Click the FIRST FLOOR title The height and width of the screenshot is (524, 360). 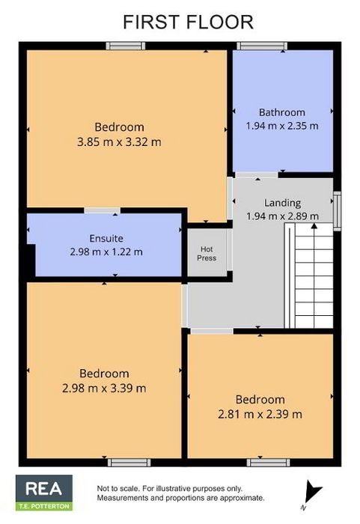pyautogui.click(x=188, y=22)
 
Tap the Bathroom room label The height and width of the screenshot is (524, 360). pyautogui.click(x=282, y=112)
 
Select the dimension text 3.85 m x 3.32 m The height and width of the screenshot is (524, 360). pyautogui.click(x=119, y=142)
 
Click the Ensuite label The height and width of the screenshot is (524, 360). pyautogui.click(x=106, y=238)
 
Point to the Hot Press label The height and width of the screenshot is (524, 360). pyautogui.click(x=207, y=254)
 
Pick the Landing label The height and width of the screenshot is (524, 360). pyautogui.click(x=282, y=203)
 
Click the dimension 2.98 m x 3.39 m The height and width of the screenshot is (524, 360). pyautogui.click(x=104, y=389)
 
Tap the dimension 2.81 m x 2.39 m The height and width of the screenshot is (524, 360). pyautogui.click(x=260, y=415)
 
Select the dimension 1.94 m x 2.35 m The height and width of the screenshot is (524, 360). pyautogui.click(x=282, y=126)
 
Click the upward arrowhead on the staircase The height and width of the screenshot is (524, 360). pyautogui.click(x=314, y=225)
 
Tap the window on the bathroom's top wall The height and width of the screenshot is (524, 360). pyautogui.click(x=262, y=46)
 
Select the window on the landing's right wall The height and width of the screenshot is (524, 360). pyautogui.click(x=337, y=211)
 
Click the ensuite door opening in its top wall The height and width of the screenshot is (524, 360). pyautogui.click(x=102, y=210)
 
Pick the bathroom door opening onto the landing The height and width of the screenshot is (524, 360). pyautogui.click(x=257, y=174)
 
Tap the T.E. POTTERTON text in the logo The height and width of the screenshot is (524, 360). pyautogui.click(x=44, y=506)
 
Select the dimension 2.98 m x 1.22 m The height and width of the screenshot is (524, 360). pyautogui.click(x=106, y=252)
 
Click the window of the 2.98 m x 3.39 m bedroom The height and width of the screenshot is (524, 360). pyautogui.click(x=129, y=463)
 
